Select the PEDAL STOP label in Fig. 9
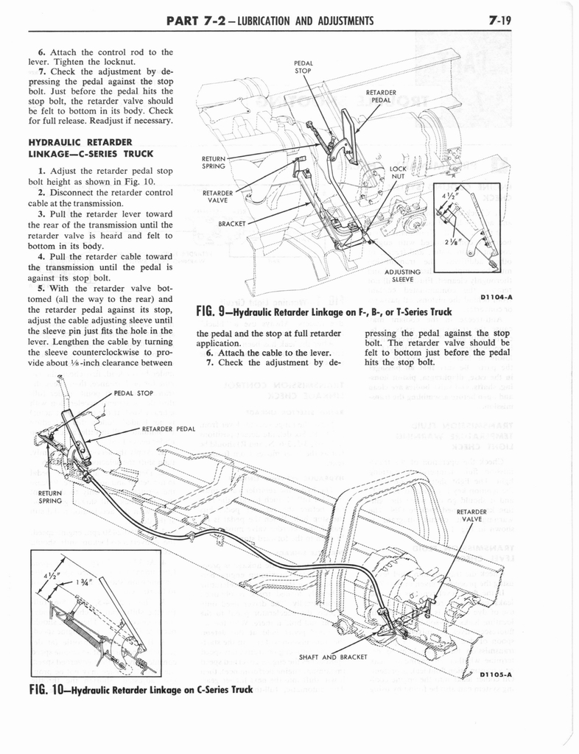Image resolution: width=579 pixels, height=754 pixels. point(303,67)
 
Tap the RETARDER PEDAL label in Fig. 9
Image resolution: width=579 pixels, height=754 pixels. point(381,96)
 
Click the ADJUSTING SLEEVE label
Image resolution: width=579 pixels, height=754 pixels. point(402,275)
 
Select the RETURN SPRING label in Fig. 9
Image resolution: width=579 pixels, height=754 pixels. point(214,162)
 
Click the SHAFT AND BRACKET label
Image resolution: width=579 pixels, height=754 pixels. point(334,657)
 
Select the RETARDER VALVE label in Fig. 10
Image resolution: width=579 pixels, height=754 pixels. point(471,515)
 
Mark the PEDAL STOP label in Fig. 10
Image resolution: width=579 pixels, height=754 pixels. point(133,393)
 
